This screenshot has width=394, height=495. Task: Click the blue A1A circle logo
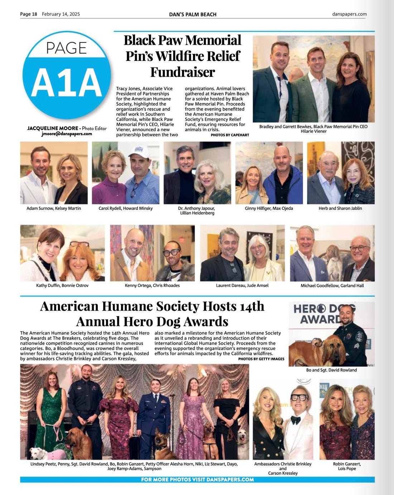[x=67, y=75]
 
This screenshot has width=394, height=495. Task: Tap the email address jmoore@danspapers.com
[x=67, y=134]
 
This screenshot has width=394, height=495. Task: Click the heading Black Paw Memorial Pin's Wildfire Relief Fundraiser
[x=182, y=56]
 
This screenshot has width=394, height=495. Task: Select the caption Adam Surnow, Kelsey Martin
[x=54, y=208]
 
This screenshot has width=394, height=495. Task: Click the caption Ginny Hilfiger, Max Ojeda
[x=269, y=208]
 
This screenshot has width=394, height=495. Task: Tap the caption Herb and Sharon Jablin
[x=340, y=208]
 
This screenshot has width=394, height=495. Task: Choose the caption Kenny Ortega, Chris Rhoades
[x=152, y=286]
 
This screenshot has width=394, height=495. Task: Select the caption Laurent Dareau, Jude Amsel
[x=242, y=286]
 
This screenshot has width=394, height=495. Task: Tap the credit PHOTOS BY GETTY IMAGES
[x=261, y=359]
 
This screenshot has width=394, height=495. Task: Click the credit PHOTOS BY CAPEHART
[x=230, y=135]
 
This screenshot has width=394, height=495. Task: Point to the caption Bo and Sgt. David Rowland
[x=331, y=370]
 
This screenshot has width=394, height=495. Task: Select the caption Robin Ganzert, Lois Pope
[x=347, y=466]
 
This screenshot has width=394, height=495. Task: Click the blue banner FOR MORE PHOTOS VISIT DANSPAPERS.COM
[x=197, y=480]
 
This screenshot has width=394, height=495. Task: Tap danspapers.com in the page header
[x=349, y=14]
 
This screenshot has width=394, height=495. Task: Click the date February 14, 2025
[x=61, y=14]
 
